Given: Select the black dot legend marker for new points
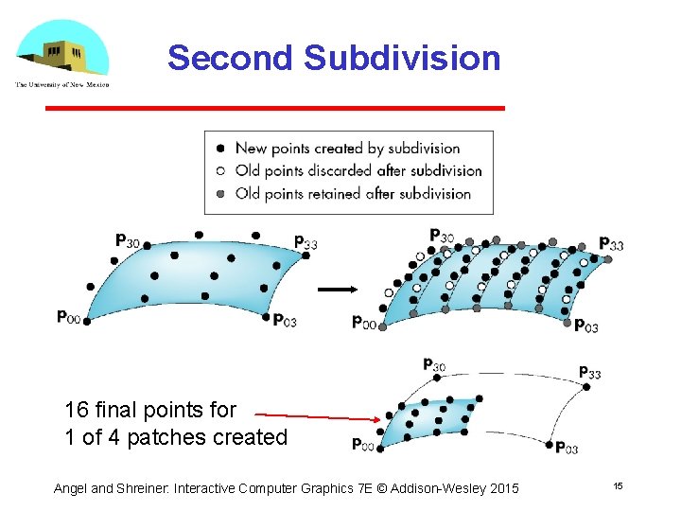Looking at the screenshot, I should (x=220, y=148).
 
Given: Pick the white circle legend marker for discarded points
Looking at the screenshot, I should (x=220, y=171).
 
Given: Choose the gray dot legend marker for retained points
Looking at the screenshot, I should (x=220, y=194).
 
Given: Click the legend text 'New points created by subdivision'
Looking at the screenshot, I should (x=347, y=148).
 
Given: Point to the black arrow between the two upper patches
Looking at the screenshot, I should (x=335, y=290).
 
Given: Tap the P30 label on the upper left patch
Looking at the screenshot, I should (x=127, y=241).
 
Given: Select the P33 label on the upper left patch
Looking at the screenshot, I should (x=305, y=242).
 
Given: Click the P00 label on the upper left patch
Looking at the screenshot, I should (x=68, y=317).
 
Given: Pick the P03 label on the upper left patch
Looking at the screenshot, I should (x=285, y=321).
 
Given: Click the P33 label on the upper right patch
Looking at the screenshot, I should (x=611, y=244).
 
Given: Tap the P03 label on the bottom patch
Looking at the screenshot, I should (x=567, y=448).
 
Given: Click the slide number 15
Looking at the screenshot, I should (x=618, y=485).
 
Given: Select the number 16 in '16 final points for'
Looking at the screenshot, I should (x=77, y=411).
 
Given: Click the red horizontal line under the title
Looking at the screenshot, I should (x=275, y=109).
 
